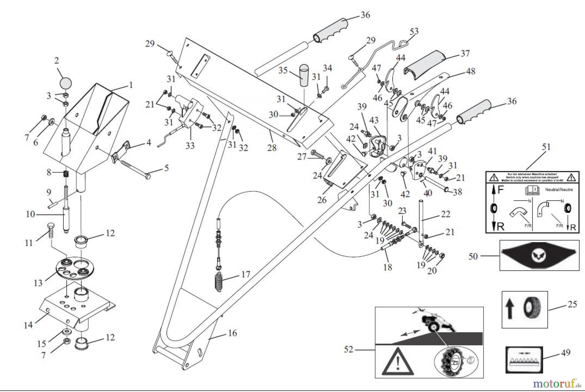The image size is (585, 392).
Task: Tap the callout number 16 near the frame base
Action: click(x=232, y=333)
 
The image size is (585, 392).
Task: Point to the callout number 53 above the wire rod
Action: click(x=414, y=31)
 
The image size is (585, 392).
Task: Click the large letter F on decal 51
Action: click(x=501, y=190)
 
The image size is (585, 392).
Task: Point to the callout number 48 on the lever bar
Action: click(x=470, y=71)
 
